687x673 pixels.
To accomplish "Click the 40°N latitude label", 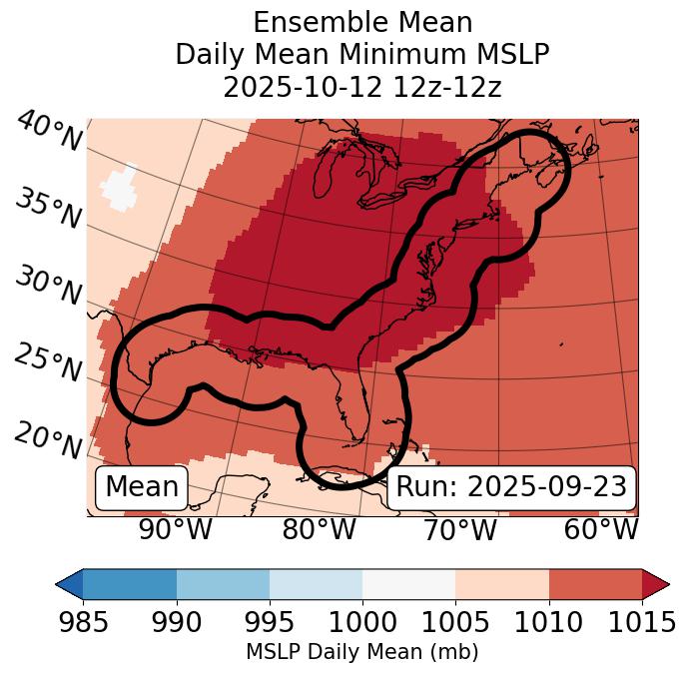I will pos(49,131).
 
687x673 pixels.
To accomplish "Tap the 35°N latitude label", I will pos(49,208).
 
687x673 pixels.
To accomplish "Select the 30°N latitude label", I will pos(49,286).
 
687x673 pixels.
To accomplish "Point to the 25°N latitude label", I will pos(49,362).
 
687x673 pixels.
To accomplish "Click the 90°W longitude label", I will pos(175,529).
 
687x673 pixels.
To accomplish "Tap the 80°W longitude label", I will pos(319,529).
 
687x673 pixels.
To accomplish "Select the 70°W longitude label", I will pos(459,529).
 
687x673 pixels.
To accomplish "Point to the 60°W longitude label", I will pos(601,529).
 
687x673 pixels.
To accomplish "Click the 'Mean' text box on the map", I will pos(142,487).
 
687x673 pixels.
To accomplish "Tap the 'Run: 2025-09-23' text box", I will pos(510,487).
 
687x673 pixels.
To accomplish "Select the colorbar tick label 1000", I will pos(362,622).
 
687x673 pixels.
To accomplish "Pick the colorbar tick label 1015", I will pos(642,622).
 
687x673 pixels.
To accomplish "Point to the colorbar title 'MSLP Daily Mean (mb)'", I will pos(362,652).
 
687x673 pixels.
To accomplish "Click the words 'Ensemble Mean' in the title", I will pos(362,22).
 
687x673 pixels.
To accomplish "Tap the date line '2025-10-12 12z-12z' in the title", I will pos(362,87).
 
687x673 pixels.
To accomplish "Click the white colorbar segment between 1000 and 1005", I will pos(408,584).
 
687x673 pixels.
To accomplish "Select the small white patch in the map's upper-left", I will pos(120,188).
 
